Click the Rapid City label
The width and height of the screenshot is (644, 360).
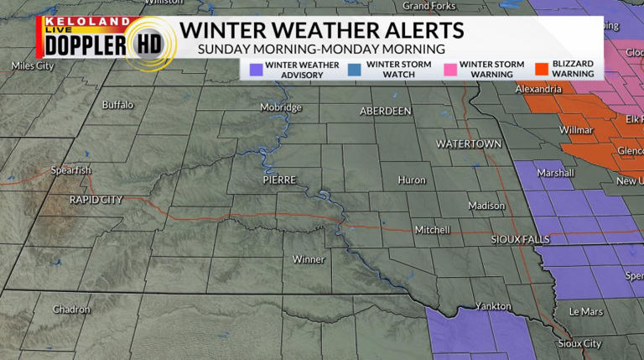click(x=96, y=200)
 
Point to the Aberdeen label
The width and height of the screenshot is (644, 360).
click(x=385, y=111)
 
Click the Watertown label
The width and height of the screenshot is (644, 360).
click(x=468, y=144)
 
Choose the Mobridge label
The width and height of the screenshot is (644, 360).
click(x=280, y=107)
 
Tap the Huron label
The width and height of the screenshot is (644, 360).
click(x=412, y=180)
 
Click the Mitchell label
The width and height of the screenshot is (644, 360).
click(x=433, y=230)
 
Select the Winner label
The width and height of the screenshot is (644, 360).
click(x=309, y=259)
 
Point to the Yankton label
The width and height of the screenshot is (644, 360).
click(x=493, y=306)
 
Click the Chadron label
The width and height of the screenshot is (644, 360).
click(x=71, y=310)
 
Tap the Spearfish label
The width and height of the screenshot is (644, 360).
click(x=70, y=170)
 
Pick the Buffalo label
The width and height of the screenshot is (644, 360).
click(x=117, y=105)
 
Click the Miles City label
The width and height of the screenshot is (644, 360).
click(x=33, y=65)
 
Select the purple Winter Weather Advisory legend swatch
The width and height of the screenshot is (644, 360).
click(x=257, y=69)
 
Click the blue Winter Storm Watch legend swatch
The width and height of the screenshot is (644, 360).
click(x=358, y=69)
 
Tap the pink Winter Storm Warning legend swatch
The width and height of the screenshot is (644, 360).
click(x=452, y=69)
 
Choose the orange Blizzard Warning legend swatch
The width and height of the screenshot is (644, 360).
click(x=543, y=69)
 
